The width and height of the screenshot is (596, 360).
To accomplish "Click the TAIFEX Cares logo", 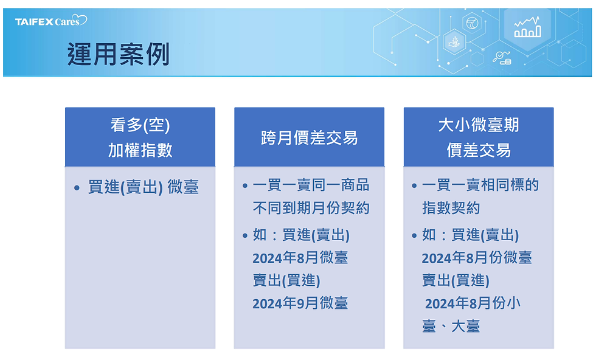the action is pyautogui.click(x=51, y=21).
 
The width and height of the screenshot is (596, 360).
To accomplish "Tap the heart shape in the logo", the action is pyautogui.click(x=80, y=19).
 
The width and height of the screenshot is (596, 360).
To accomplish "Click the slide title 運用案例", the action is pyautogui.click(x=118, y=54).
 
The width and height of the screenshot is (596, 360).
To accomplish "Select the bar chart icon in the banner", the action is pyautogui.click(x=527, y=27).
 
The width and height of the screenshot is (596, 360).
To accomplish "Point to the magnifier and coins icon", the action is pyautogui.click(x=502, y=58).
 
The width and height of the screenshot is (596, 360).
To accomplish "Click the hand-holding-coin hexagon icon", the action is pyautogui.click(x=454, y=42).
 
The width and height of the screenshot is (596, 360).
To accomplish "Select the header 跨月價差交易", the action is pyautogui.click(x=309, y=137).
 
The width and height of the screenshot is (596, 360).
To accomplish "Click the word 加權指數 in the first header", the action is pyautogui.click(x=140, y=150).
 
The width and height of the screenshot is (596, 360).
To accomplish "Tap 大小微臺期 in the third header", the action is pyautogui.click(x=479, y=125).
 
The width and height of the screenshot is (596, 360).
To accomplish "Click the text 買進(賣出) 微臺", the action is pyautogui.click(x=144, y=187).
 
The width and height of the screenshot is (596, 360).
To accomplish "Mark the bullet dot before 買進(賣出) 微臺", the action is pyautogui.click(x=77, y=188).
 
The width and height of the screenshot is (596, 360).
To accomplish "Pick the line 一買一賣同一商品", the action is pyautogui.click(x=311, y=185).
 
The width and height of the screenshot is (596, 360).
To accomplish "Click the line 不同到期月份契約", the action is pyautogui.click(x=311, y=208).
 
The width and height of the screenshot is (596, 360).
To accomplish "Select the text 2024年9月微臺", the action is pyautogui.click(x=300, y=303).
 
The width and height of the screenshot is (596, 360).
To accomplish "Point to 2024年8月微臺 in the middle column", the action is pyautogui.click(x=300, y=258).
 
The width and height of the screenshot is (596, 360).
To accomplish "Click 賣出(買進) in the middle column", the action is pyautogui.click(x=286, y=280).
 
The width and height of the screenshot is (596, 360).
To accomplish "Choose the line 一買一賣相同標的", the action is pyautogui.click(x=480, y=185).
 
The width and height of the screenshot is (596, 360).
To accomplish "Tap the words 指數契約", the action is pyautogui.click(x=451, y=208).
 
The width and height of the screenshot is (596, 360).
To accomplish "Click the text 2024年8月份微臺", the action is pyautogui.click(x=477, y=258).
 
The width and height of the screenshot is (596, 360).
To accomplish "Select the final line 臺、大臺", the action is pyautogui.click(x=451, y=326).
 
